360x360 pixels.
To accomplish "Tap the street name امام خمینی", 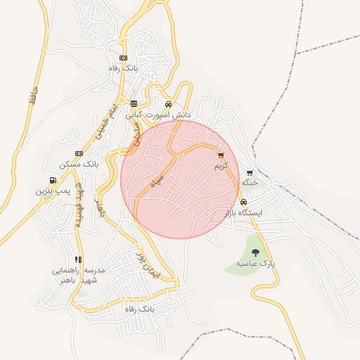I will click(103, 122).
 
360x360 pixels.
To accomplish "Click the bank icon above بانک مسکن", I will click(79, 154).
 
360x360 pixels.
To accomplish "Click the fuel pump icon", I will click(53, 181).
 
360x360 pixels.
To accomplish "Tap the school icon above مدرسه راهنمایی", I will click(77, 260).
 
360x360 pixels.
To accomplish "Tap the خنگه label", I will click(250, 182).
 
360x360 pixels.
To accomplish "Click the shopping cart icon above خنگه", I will click(250, 173).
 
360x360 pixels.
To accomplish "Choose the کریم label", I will click(221, 166).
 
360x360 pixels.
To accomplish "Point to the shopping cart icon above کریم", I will click(221, 156).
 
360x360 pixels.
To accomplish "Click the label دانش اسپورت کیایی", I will click(159, 113).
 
